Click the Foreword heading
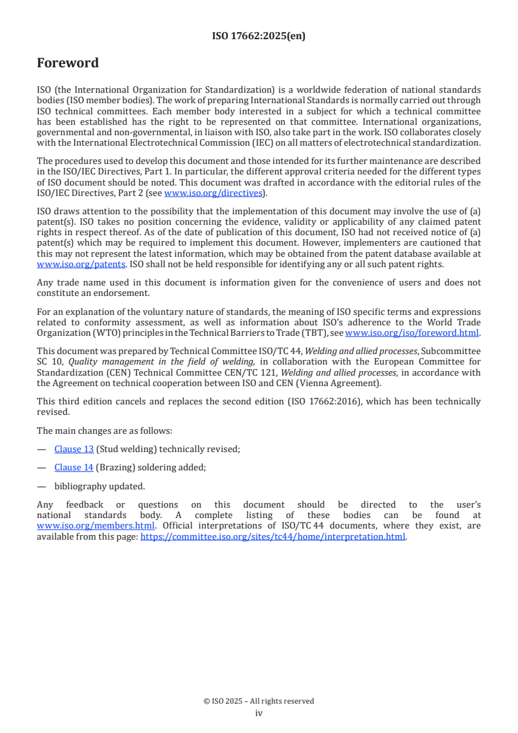[68, 63]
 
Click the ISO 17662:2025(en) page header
[259, 37]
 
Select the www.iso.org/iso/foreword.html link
[412, 333]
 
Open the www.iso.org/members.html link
[96, 525]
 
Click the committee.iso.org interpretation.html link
[273, 537]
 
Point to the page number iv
[259, 713]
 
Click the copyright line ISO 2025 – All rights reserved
[259, 701]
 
